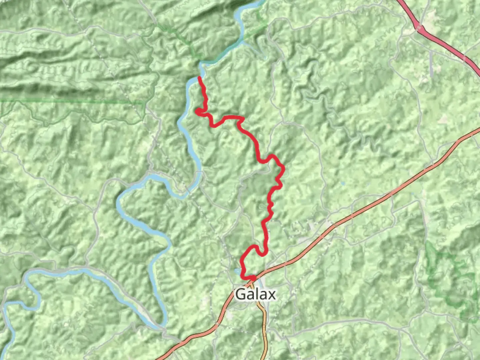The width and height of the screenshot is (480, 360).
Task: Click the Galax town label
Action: coord(255,294)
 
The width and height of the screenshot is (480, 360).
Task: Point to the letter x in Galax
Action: coord(272,295)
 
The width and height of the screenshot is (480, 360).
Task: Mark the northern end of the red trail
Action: coord(199,78)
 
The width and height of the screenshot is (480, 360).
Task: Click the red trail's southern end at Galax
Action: coord(254,277)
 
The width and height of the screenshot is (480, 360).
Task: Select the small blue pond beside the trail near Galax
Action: coord(237,271)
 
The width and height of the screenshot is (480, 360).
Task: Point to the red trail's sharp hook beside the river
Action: coord(198,112)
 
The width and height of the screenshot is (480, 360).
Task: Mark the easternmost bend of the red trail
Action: coord(283,168)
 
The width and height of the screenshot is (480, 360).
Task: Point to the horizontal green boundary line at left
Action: coord(67,100)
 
